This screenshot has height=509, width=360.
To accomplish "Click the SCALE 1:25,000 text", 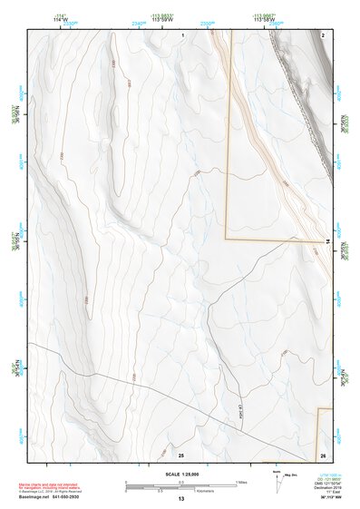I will [180, 474].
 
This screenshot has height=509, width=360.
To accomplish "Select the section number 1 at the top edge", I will [182, 34].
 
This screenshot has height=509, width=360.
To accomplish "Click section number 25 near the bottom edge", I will [181, 455].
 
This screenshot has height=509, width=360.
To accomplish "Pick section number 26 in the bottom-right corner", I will [323, 455].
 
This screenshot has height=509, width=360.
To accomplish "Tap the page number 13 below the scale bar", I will [180, 499].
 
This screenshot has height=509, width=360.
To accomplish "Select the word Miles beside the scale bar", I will [241, 482].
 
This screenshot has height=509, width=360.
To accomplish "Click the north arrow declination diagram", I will [278, 482].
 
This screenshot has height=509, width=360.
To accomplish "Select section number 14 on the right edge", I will [327, 241].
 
